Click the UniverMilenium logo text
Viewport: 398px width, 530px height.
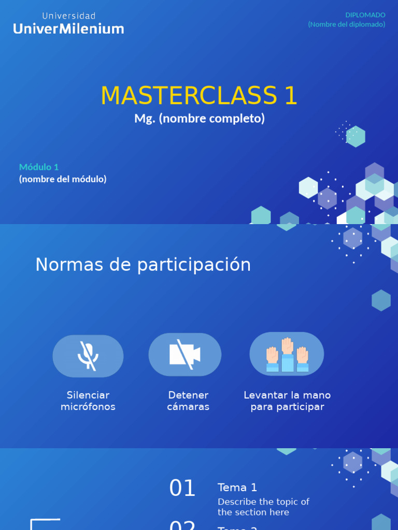pos(68,29)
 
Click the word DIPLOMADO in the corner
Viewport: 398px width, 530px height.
pos(365,15)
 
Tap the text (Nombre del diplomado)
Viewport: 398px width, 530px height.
pos(347,24)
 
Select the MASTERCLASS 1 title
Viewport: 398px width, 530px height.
pos(199,96)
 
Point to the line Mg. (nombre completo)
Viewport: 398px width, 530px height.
pos(199,119)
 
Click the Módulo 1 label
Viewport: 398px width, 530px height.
pos(39,167)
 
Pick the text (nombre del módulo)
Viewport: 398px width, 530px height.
pos(63,179)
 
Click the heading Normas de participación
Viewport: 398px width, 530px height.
pos(143,265)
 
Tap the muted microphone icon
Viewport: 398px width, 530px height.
pos(88,356)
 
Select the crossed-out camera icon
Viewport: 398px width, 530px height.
pos(185,355)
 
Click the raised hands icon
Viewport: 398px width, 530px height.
pos(287,355)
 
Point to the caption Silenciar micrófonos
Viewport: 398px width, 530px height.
pos(88,401)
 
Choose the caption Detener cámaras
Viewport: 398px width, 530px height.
pos(188,401)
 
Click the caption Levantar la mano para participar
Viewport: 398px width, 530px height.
pos(287,401)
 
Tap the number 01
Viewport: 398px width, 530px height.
pos(182,489)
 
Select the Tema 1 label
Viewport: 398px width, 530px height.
pos(237,488)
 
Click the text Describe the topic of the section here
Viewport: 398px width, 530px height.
pos(263,507)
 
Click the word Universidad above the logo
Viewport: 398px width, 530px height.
pos(69,16)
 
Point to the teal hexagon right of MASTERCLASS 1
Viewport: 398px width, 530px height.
pos(356,137)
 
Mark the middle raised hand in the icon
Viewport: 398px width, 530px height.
pos(287,346)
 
